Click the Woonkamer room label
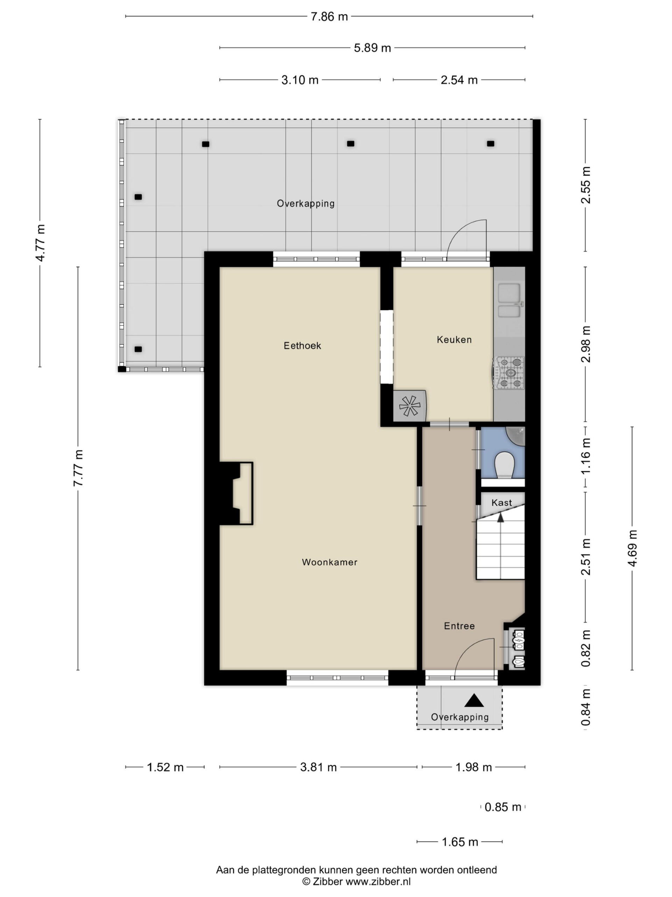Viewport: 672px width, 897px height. pos(329,562)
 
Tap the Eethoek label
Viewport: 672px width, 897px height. pos(302,345)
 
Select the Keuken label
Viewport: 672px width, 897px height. pos(454,340)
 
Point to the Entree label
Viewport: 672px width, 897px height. pos(459,626)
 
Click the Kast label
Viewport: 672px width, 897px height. pos(502,502)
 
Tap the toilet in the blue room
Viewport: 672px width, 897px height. pos(505,465)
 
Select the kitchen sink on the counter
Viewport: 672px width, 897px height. pos(509,300)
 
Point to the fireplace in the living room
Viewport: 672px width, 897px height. pos(237,493)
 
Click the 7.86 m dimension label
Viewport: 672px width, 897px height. pos(329,16)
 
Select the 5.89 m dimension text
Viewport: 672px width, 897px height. pos(372,48)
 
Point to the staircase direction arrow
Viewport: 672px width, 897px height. pos(500,518)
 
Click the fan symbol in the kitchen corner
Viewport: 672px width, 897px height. pos(409,406)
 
